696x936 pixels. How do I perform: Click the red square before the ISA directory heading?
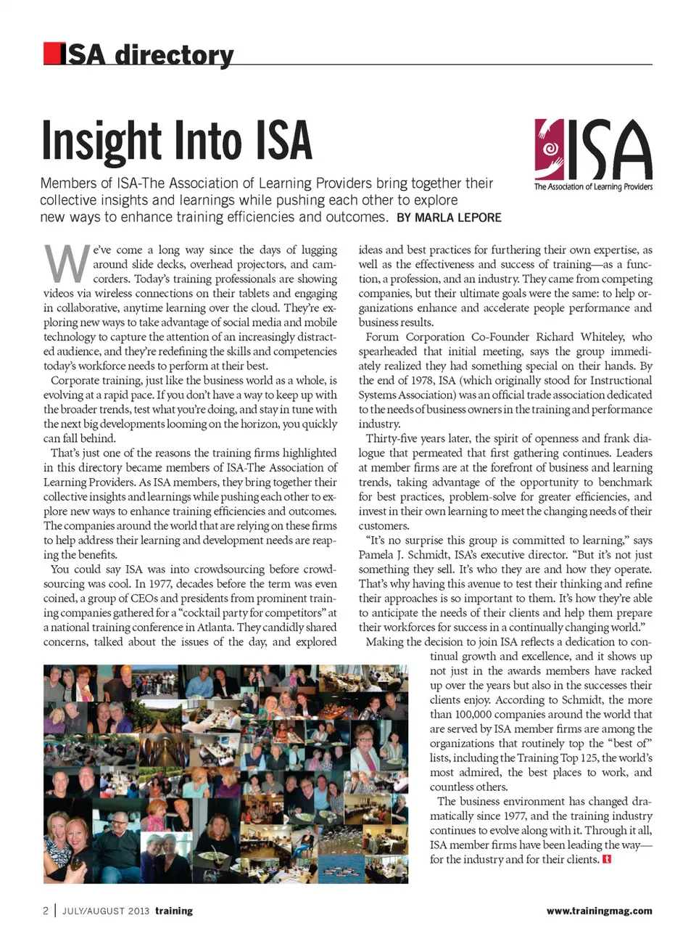pyautogui.click(x=51, y=54)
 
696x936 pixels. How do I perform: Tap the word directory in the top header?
pyautogui.click(x=174, y=55)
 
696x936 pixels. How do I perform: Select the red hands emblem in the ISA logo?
pyautogui.click(x=550, y=149)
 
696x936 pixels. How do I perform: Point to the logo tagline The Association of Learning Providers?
pyautogui.click(x=593, y=186)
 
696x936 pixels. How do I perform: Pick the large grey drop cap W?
pyautogui.click(x=67, y=264)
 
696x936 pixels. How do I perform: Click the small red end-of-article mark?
pyautogui.click(x=607, y=859)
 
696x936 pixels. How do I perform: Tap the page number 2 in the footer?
pyautogui.click(x=46, y=911)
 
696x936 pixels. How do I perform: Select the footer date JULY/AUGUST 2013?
pyautogui.click(x=106, y=911)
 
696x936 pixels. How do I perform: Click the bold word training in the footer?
pyautogui.click(x=174, y=911)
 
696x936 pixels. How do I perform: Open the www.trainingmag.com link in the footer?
pyautogui.click(x=599, y=911)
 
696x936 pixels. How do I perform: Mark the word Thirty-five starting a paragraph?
pyautogui.click(x=391, y=438)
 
